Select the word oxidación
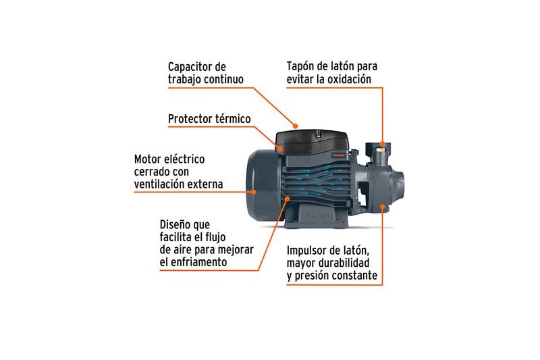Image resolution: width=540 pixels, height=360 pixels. [349, 79]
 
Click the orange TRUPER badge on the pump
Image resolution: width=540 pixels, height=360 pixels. [338, 155]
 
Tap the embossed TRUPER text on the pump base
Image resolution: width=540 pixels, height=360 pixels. [316, 215]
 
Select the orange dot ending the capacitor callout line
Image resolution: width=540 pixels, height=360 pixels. [295, 126]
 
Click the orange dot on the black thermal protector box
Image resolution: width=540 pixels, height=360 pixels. [281, 149]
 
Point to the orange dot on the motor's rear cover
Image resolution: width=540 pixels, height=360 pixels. [253, 192]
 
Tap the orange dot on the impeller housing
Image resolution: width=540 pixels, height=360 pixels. [382, 206]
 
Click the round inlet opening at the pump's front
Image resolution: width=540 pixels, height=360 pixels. [399, 182]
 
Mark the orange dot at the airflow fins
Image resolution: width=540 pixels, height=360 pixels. [288, 198]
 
